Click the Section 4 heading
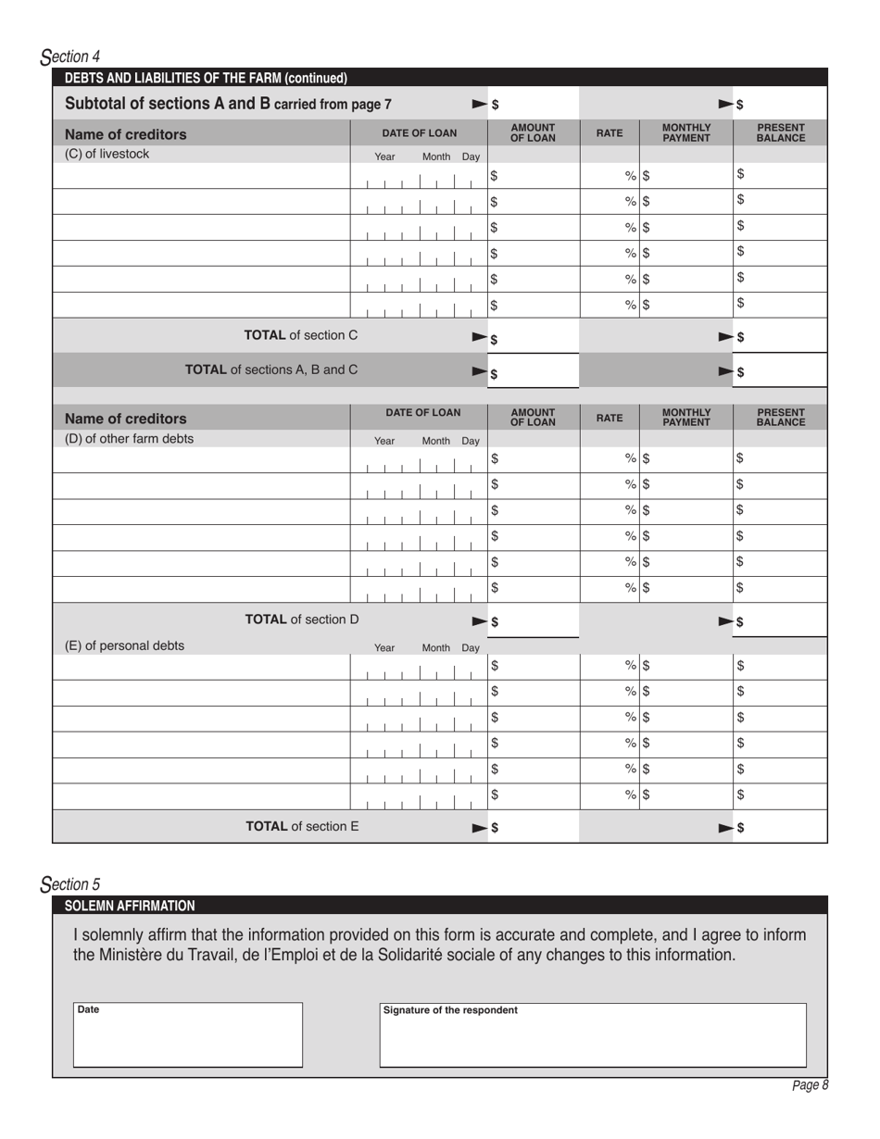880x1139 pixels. click(71, 56)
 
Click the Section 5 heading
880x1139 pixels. click(71, 884)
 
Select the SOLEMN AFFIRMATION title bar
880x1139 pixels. click(130, 906)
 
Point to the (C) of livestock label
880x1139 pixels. click(107, 155)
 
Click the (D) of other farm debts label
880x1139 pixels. click(129, 439)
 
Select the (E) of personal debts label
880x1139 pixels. click(124, 646)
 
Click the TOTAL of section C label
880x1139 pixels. click(300, 335)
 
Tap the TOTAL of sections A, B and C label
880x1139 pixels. click(271, 369)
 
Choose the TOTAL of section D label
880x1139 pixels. click(301, 619)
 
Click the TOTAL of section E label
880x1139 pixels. click(301, 826)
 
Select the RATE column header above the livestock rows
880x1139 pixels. click(609, 133)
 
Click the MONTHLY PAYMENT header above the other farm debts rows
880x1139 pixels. click(685, 418)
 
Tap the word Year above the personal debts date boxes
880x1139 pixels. click(384, 648)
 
